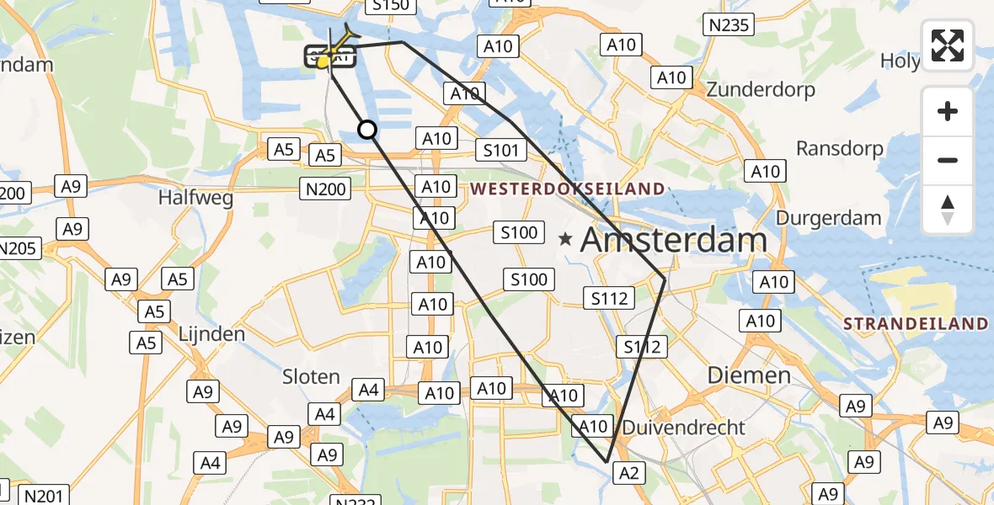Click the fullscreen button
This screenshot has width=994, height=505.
coord(948,45)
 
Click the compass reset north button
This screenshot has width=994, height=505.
coord(948,210)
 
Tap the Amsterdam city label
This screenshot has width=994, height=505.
coord(674,241)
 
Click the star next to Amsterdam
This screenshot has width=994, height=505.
coord(565,240)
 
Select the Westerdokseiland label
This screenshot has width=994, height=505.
coord(568,189)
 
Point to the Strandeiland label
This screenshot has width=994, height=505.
coord(916,324)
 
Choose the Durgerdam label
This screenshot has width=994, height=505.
coord(828,218)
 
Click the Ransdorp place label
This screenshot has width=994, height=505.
coord(840,149)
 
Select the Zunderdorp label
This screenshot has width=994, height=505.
coord(762,89)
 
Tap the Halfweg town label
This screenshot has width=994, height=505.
coord(195,198)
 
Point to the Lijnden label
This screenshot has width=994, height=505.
coord(211,334)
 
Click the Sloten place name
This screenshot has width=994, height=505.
coord(311,377)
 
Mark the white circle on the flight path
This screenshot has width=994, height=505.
coord(367,129)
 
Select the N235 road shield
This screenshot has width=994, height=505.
coord(729,25)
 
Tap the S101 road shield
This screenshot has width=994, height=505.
coord(500,151)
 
